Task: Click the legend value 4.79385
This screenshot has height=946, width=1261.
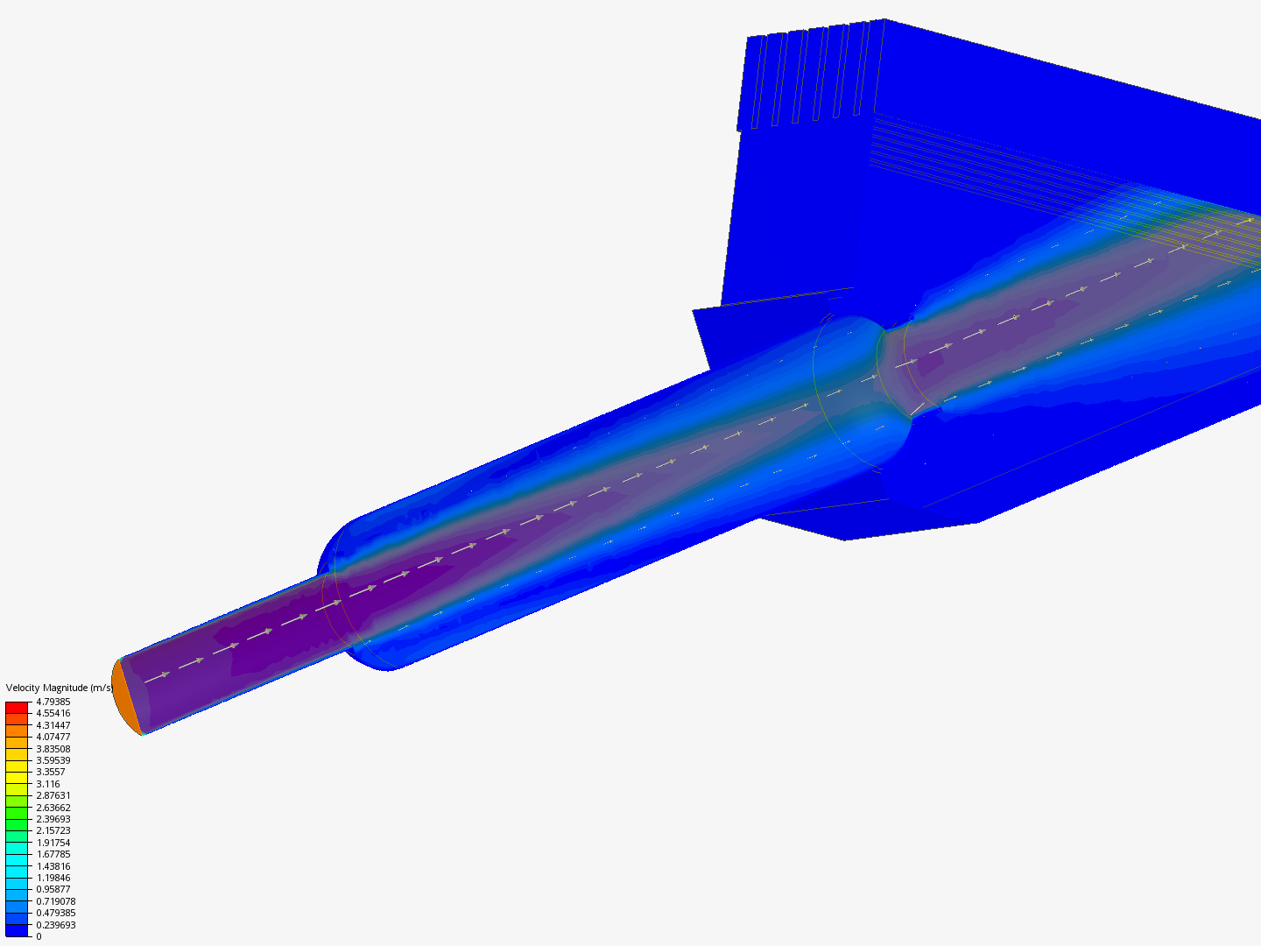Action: click(x=53, y=702)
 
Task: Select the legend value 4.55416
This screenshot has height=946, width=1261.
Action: click(x=53, y=713)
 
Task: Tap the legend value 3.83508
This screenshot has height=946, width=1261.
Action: click(x=53, y=749)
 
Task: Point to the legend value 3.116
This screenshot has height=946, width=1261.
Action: click(x=47, y=784)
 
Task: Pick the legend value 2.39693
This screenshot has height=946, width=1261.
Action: click(x=53, y=819)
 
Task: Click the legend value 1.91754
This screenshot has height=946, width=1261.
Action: click(x=53, y=843)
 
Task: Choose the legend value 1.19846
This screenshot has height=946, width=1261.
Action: click(x=53, y=878)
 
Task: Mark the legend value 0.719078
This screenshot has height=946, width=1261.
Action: click(x=56, y=901)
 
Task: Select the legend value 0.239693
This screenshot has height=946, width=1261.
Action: click(x=56, y=925)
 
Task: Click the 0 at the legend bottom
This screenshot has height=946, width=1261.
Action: click(x=39, y=936)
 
